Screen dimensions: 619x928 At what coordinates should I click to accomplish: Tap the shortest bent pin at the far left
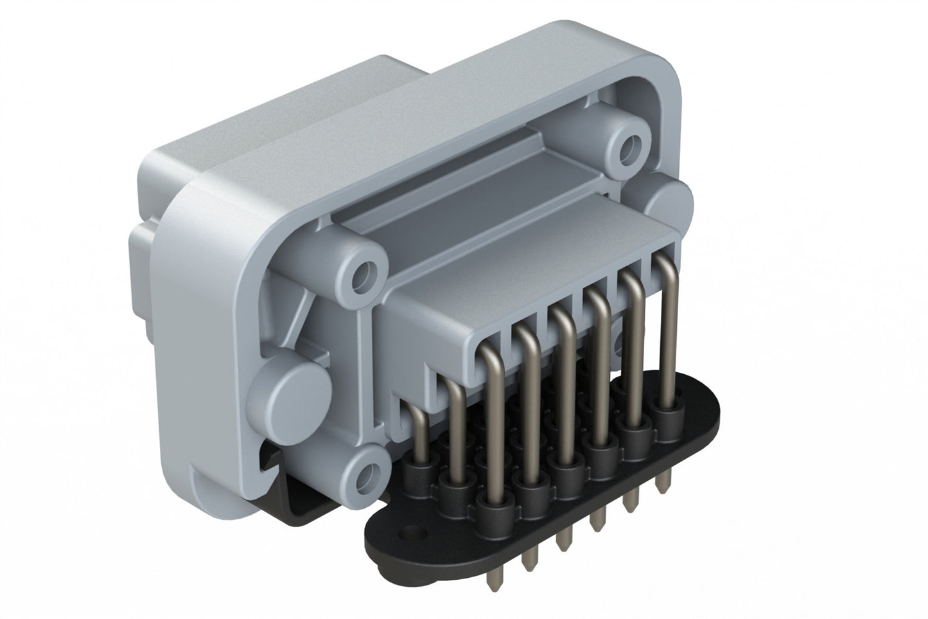pyautogui.click(x=417, y=427)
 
